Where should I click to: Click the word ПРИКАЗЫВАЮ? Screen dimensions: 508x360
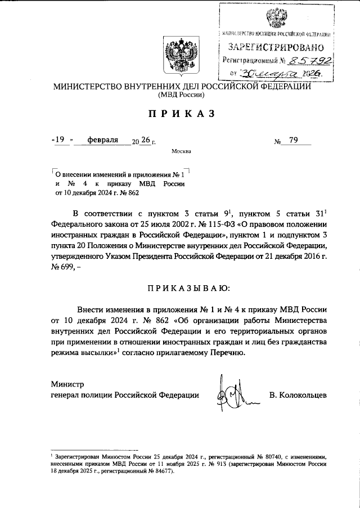pyautogui.click(x=182, y=288)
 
